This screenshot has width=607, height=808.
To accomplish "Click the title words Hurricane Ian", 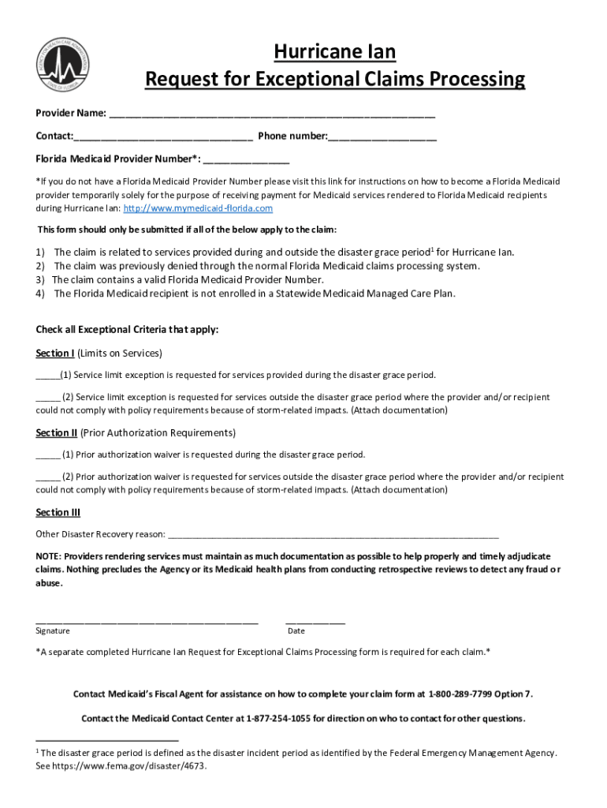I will point(334,52).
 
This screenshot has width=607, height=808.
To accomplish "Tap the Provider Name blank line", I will point(272,114).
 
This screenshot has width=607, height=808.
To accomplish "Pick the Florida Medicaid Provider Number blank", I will point(246,159).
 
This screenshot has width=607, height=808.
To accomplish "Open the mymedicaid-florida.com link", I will point(198,208).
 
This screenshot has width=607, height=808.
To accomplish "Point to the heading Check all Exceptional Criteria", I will point(128,329).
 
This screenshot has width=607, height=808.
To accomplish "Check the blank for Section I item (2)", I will point(47,398).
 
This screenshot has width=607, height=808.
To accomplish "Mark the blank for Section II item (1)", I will point(47,455).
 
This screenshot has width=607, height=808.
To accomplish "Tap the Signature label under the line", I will point(53,631).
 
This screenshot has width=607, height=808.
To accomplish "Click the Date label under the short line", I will point(296,631).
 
